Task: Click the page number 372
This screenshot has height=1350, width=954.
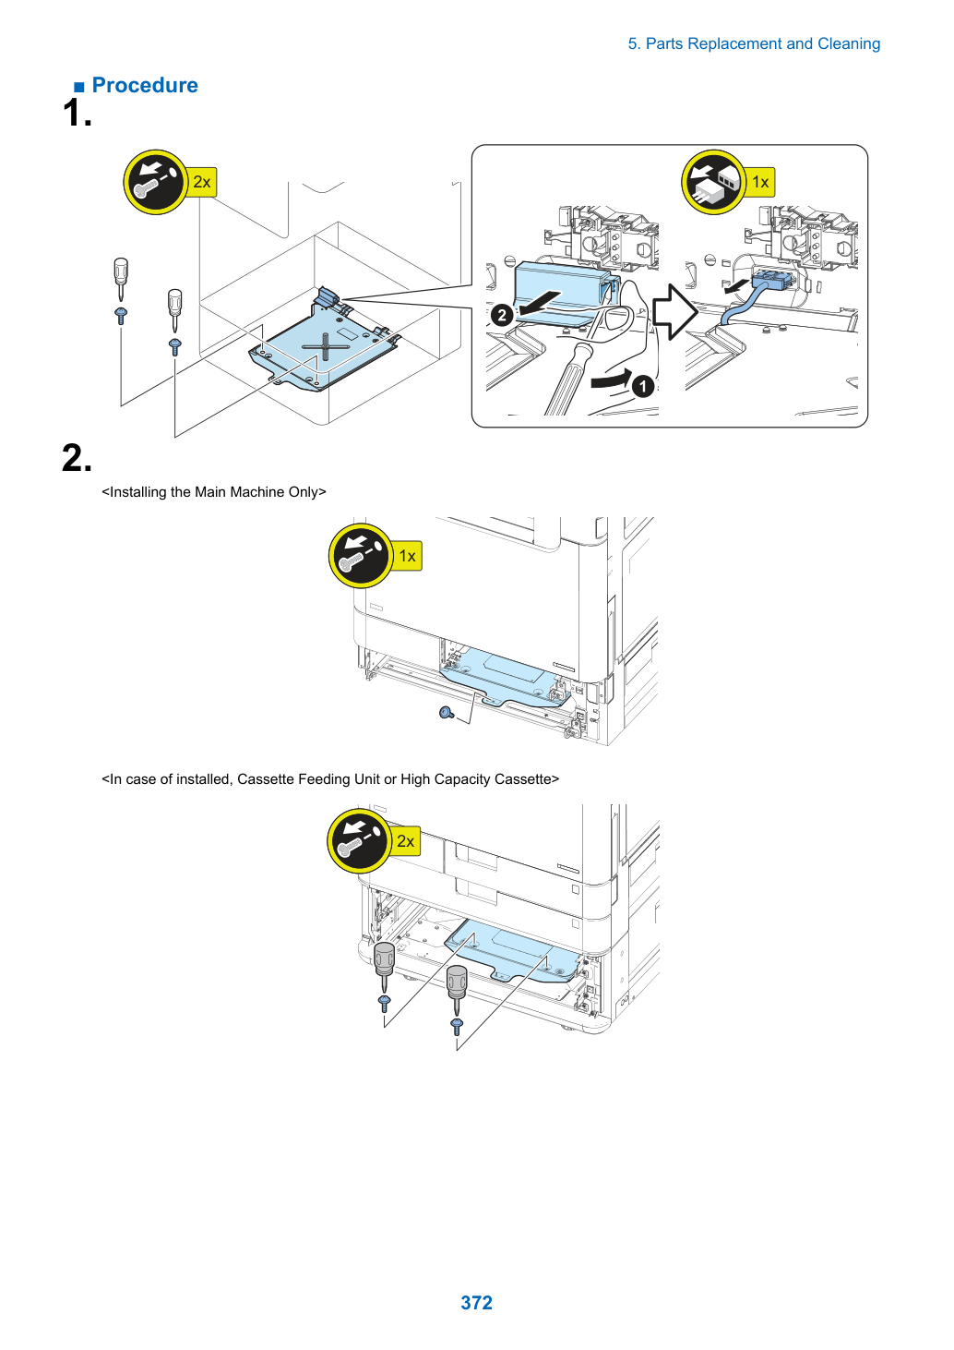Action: (x=476, y=1302)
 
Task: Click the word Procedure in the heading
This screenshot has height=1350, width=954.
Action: (x=145, y=85)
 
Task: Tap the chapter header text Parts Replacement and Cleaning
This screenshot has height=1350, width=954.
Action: (x=762, y=43)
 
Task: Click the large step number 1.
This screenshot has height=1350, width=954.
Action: (x=77, y=113)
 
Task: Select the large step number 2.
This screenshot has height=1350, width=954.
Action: (x=77, y=458)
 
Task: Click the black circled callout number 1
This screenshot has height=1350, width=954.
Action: (x=643, y=386)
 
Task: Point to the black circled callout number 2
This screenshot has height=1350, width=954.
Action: (x=502, y=315)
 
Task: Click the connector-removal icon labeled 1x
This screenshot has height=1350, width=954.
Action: (x=713, y=182)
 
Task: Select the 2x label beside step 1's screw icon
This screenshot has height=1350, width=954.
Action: (x=202, y=182)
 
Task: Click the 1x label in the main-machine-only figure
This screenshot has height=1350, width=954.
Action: (x=407, y=556)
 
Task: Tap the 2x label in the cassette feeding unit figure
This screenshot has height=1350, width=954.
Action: (x=405, y=840)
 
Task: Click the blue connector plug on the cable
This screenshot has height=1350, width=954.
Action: (x=771, y=280)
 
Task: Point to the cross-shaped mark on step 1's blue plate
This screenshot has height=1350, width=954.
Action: (x=325, y=347)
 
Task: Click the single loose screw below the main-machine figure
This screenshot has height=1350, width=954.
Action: (x=447, y=714)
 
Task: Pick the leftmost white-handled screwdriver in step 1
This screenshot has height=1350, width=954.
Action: (x=121, y=279)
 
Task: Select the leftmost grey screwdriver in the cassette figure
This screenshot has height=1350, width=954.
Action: (x=384, y=967)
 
